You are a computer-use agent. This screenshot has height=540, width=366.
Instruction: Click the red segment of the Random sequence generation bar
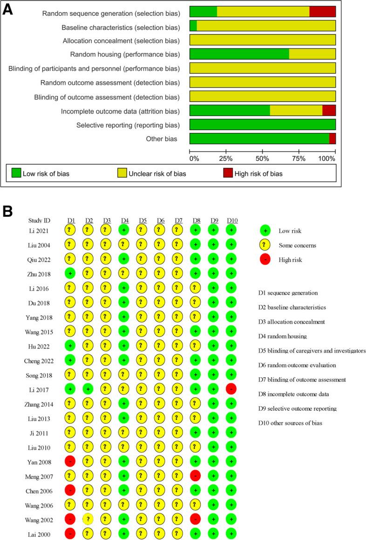click(x=322, y=12)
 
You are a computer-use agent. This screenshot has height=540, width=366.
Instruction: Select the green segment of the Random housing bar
click(x=239, y=54)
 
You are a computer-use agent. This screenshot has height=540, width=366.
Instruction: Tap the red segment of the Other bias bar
click(x=332, y=138)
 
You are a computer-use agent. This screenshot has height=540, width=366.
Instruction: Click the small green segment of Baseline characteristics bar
click(x=193, y=26)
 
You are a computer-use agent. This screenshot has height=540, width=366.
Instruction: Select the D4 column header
click(x=124, y=220)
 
